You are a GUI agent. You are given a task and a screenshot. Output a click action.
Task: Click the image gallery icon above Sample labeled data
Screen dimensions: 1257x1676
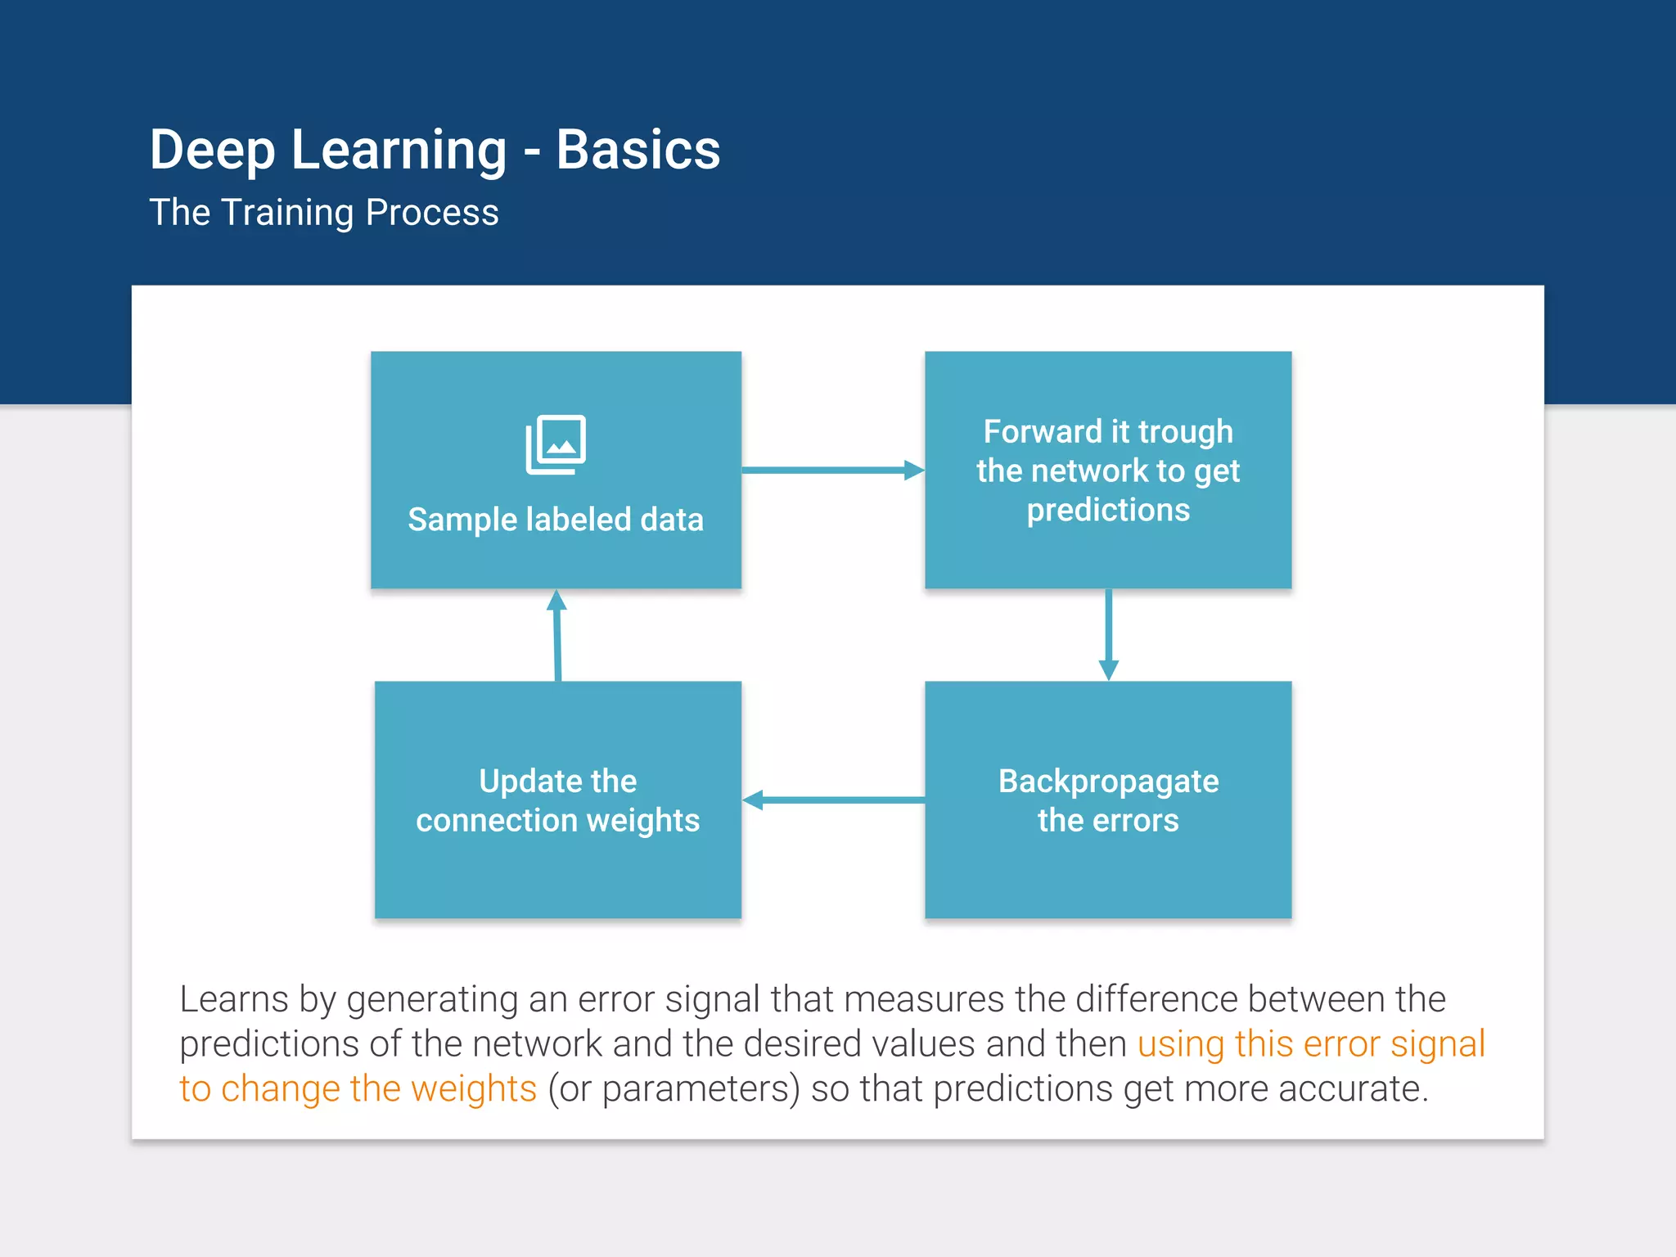pos(556,444)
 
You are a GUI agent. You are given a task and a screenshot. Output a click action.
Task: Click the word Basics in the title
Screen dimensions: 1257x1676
pos(638,151)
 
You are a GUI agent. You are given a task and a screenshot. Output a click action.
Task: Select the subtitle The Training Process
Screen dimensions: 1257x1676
pos(323,213)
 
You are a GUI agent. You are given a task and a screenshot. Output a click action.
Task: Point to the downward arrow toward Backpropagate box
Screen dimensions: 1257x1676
pos(1108,634)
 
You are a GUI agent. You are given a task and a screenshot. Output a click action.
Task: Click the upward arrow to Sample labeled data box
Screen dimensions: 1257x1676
pos(557,635)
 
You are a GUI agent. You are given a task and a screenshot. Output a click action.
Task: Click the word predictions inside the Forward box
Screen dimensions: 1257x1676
pos(1108,510)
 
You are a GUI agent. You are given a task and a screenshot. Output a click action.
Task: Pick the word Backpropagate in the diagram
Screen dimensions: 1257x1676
pos(1108,782)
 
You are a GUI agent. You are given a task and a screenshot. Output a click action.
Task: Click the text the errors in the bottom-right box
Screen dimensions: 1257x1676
pos(1108,820)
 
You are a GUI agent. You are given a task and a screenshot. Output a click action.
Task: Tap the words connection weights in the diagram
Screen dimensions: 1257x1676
pos(557,820)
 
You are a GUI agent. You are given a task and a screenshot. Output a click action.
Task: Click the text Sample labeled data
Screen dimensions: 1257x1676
pos(556,520)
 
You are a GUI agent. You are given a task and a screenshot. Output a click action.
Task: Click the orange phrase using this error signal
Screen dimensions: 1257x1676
pos(1311,1044)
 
